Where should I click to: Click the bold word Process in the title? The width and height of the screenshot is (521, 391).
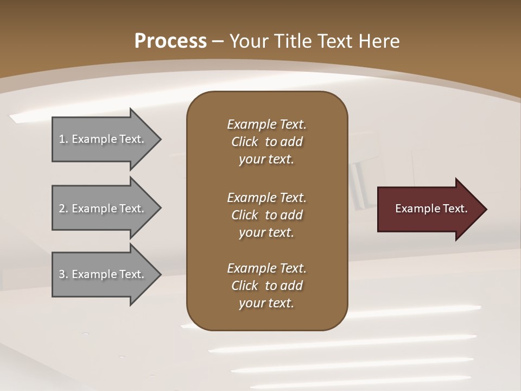[170, 41]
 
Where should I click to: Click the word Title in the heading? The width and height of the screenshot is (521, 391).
[293, 41]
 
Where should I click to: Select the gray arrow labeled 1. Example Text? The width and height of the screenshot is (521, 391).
[103, 139]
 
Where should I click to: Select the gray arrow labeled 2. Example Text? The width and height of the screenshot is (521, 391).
[103, 209]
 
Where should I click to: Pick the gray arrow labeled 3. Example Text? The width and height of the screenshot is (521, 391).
[103, 274]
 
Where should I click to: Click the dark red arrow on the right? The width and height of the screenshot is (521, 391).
[429, 209]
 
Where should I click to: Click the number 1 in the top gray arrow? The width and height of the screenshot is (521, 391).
[62, 139]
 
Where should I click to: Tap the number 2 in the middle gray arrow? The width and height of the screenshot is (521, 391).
[62, 209]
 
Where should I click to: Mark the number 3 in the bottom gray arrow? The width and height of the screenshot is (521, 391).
[62, 274]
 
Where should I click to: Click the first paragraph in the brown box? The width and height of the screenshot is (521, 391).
[266, 142]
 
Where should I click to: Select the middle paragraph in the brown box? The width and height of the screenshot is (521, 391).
[266, 215]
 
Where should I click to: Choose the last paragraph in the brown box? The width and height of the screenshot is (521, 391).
[266, 286]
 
